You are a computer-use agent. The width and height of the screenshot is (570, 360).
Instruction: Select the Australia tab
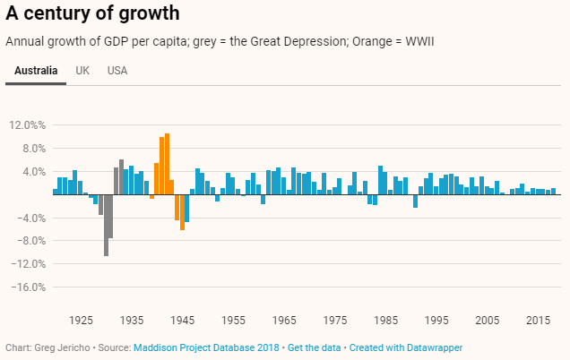coord(36,71)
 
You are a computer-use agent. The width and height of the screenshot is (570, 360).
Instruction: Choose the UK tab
coord(82,71)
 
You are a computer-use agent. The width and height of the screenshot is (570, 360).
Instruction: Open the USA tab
coord(117,71)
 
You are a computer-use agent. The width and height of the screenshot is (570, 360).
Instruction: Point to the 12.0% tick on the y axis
coord(27,125)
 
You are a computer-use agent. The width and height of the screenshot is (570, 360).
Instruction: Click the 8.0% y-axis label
coord(30,149)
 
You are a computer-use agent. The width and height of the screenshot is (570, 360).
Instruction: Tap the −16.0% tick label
coord(27,287)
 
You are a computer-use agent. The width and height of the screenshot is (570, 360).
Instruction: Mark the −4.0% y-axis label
coord(30,219)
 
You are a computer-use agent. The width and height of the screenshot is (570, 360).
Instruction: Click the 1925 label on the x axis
coord(81,321)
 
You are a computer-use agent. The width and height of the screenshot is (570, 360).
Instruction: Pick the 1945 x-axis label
coord(183,321)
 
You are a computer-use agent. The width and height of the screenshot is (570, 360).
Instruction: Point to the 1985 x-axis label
coord(386,321)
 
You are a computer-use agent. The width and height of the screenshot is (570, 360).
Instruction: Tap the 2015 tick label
coord(539,321)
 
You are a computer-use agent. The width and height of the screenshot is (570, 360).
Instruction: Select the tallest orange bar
coord(167,163)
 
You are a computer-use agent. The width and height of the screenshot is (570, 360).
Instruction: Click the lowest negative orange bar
coord(182,212)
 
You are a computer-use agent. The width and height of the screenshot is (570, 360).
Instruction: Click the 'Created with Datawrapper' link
coord(406,347)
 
